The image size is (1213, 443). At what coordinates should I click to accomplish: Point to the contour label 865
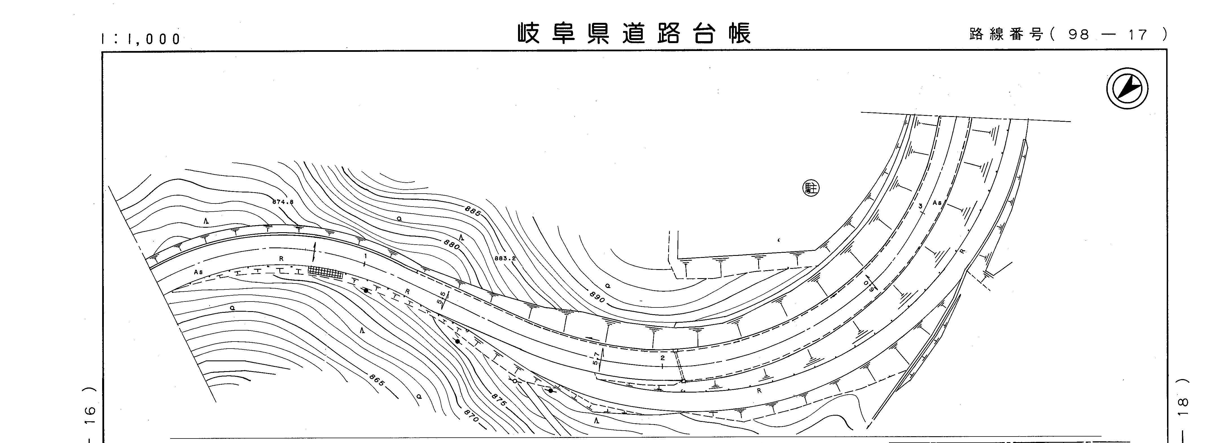[377, 380]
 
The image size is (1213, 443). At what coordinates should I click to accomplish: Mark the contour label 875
[499, 400]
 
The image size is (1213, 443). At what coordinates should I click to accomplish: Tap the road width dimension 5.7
[596, 359]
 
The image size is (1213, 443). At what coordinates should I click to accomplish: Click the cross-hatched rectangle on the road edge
[325, 272]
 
